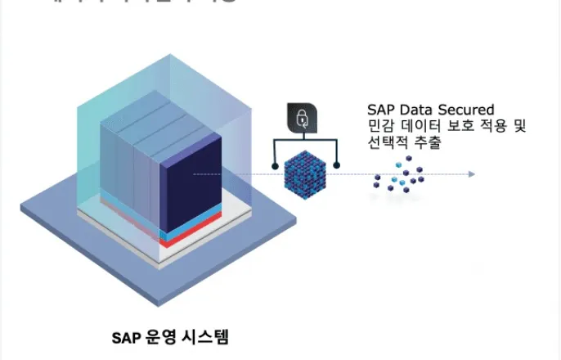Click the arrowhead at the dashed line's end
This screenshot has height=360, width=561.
[471, 174]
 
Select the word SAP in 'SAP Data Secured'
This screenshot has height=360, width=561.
[380, 110]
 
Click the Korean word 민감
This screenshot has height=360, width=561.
[379, 127]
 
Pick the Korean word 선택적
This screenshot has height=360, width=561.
[389, 144]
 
